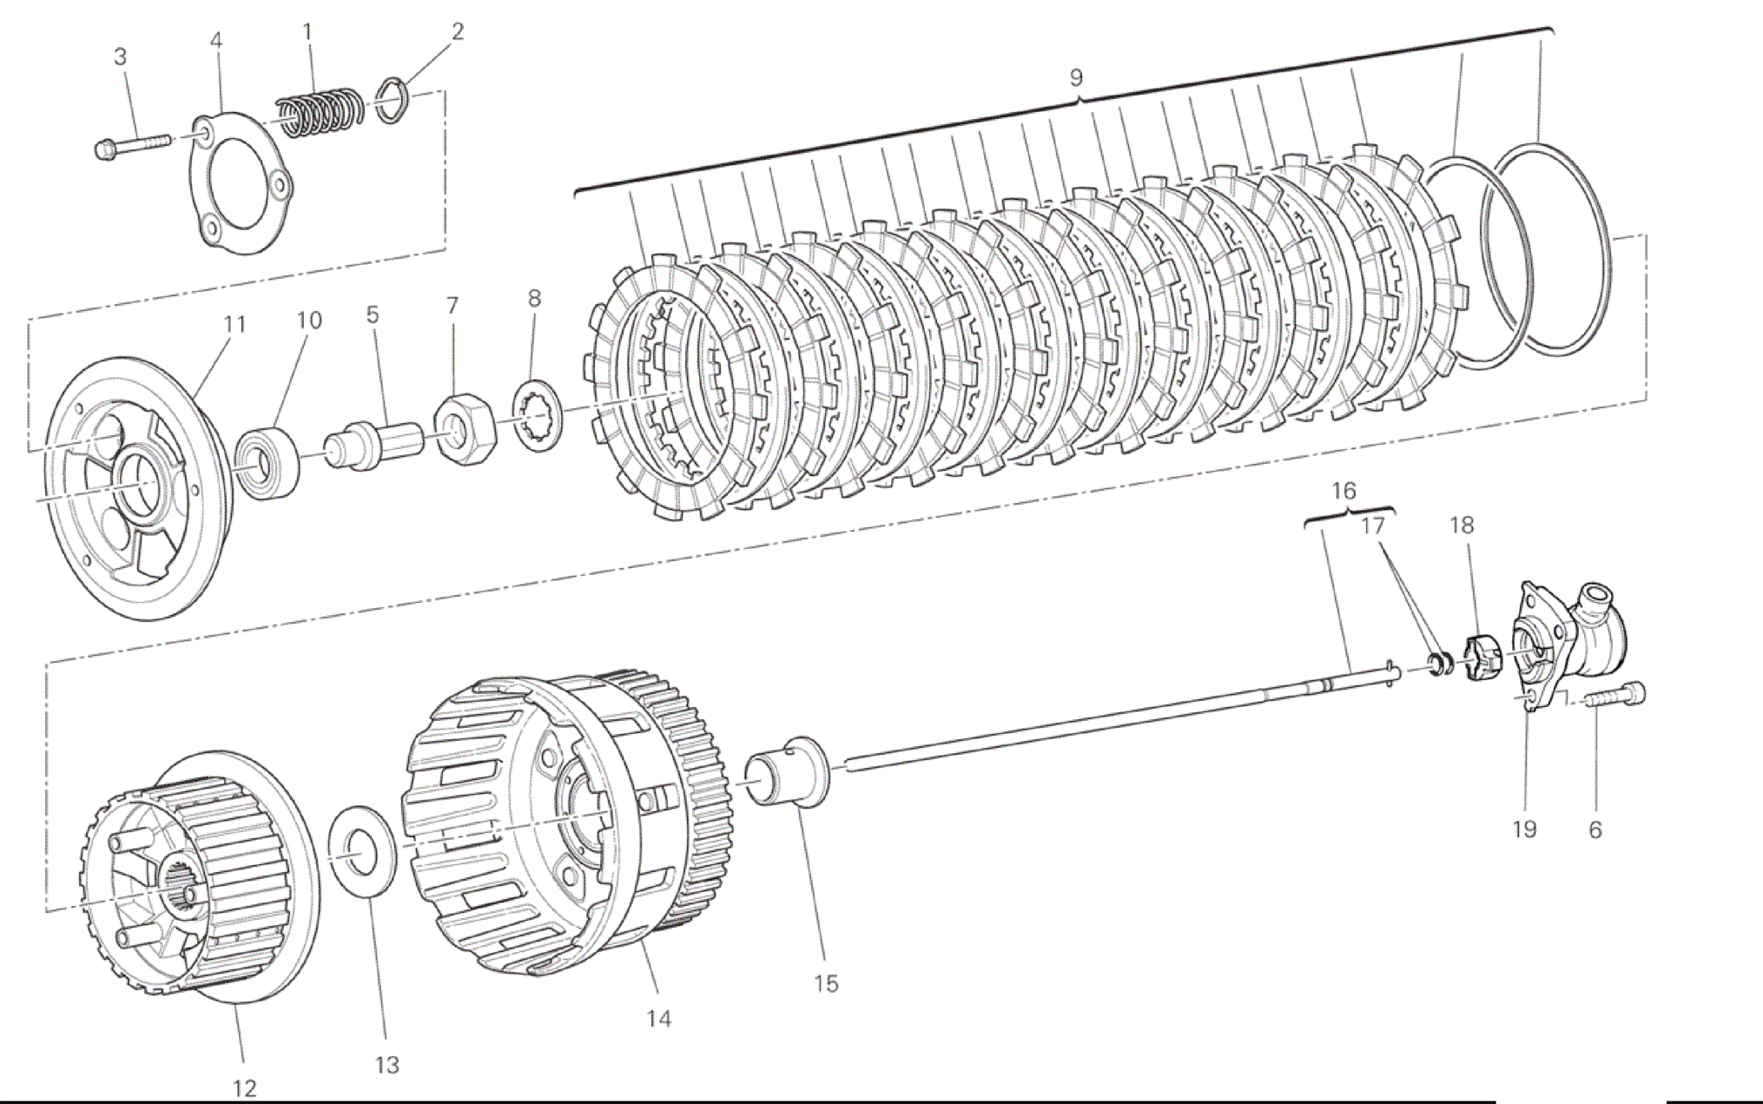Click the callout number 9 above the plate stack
[1076, 77]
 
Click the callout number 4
[215, 41]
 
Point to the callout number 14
[659, 1018]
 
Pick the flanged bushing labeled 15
[788, 771]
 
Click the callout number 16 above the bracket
[1344, 491]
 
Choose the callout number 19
[1524, 830]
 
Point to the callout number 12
[245, 1087]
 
